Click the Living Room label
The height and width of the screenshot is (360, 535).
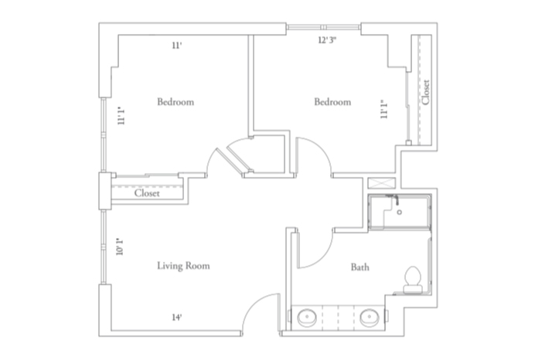click(183, 266)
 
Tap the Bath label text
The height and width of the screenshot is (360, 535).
click(360, 267)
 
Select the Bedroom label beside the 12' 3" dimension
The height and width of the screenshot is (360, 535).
click(332, 102)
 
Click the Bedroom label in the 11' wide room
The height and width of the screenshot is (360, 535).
click(175, 102)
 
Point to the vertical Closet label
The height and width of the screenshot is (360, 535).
click(425, 92)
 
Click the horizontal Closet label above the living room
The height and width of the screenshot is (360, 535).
click(147, 193)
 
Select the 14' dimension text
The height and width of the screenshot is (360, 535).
click(177, 317)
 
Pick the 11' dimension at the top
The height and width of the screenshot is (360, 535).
click(177, 46)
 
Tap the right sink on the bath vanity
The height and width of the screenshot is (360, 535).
click(368, 317)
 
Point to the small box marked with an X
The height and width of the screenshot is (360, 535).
click(381, 184)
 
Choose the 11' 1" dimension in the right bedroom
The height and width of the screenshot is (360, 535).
click(383, 109)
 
